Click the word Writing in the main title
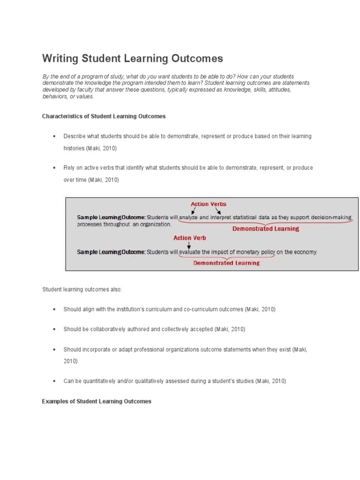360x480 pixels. pos(60,59)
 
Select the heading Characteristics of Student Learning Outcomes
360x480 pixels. pos(104,116)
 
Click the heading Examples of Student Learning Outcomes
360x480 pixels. pos(97,401)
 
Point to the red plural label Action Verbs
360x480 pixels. pos(208,204)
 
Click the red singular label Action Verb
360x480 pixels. pos(189,238)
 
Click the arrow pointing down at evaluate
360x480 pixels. pos(189,245)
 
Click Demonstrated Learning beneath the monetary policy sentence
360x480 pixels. pos(226,263)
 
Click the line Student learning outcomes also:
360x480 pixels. pos(82,289)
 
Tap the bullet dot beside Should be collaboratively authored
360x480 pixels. pos(54,330)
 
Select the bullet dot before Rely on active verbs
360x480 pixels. pos(54,168)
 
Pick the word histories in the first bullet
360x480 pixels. pos(75,148)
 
